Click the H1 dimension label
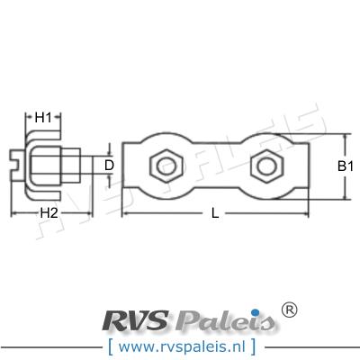pos(44,118)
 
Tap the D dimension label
pos(109,165)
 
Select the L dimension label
pos(213,213)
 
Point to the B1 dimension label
pos(345,165)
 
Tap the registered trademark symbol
pos(289,310)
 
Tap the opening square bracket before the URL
pos(109,345)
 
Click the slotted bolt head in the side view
pos(17,166)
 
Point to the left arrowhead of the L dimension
pos(125,214)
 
